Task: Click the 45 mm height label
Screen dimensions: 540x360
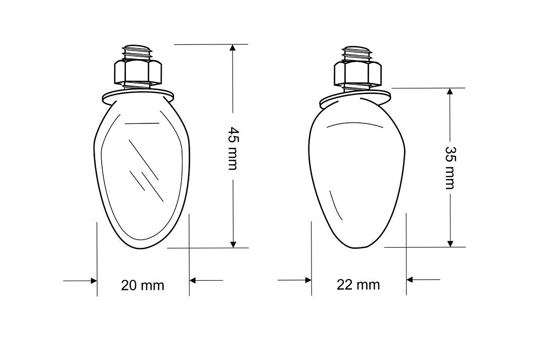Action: pyautogui.click(x=233, y=149)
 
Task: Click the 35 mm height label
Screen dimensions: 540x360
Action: pyautogui.click(x=450, y=168)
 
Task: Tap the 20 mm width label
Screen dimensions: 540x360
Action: pyautogui.click(x=143, y=285)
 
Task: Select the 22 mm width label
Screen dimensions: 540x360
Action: pyautogui.click(x=358, y=285)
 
